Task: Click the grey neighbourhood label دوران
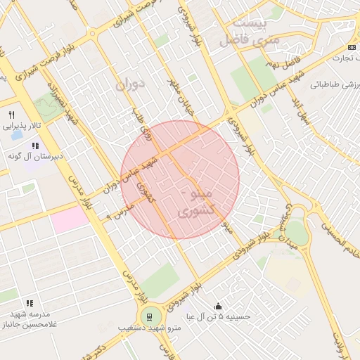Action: tap(132, 84)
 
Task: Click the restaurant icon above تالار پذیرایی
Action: tap(11, 115)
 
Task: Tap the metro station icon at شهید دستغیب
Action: tap(149, 316)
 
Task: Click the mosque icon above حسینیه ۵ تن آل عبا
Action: tap(218, 306)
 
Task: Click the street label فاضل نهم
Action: tap(281, 64)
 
